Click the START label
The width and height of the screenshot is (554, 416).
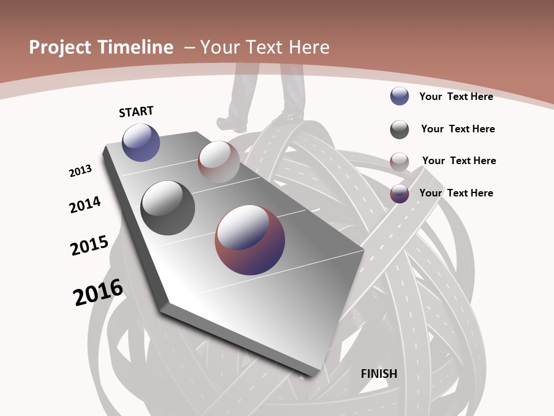(x=136, y=112)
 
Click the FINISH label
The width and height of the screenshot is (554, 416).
(x=379, y=374)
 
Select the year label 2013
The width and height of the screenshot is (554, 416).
(x=80, y=171)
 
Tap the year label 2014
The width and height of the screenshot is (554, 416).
(x=85, y=205)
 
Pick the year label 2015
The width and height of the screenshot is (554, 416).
(x=89, y=245)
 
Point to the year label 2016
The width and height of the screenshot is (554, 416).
(x=98, y=292)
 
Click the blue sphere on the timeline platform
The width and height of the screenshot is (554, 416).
(x=141, y=142)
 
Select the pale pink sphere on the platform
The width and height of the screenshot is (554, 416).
(x=219, y=161)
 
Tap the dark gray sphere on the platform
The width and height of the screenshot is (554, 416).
(x=167, y=207)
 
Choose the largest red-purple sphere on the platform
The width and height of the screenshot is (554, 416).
(x=250, y=239)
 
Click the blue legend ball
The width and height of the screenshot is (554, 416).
(x=399, y=96)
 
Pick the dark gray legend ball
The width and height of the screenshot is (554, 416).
(x=399, y=129)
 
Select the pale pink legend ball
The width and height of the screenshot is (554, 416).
(x=399, y=162)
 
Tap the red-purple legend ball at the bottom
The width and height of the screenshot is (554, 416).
(x=399, y=194)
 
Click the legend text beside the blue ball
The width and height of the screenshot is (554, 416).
(x=456, y=96)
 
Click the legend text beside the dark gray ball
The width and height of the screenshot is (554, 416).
(x=458, y=129)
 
